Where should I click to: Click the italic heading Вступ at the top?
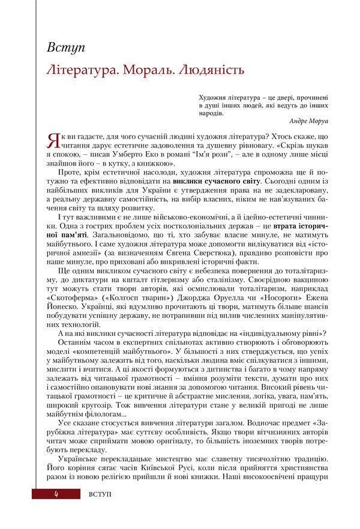pyautogui.click(x=65, y=47)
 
